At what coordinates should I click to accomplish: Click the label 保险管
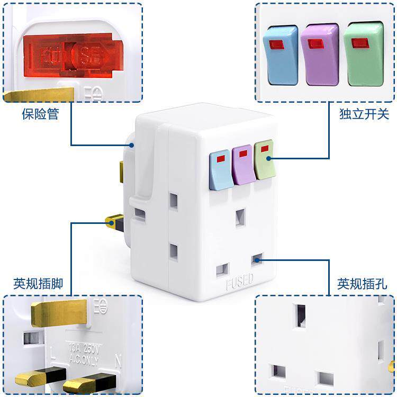(x=40, y=114)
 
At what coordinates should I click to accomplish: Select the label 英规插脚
(x=38, y=284)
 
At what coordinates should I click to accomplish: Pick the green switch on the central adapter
(x=265, y=159)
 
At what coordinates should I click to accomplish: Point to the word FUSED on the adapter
(x=240, y=283)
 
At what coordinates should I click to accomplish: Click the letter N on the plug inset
(x=118, y=363)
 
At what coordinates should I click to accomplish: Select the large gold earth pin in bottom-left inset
(x=59, y=313)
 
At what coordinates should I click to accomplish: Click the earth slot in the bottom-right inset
(x=301, y=317)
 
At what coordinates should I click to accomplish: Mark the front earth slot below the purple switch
(x=240, y=217)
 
